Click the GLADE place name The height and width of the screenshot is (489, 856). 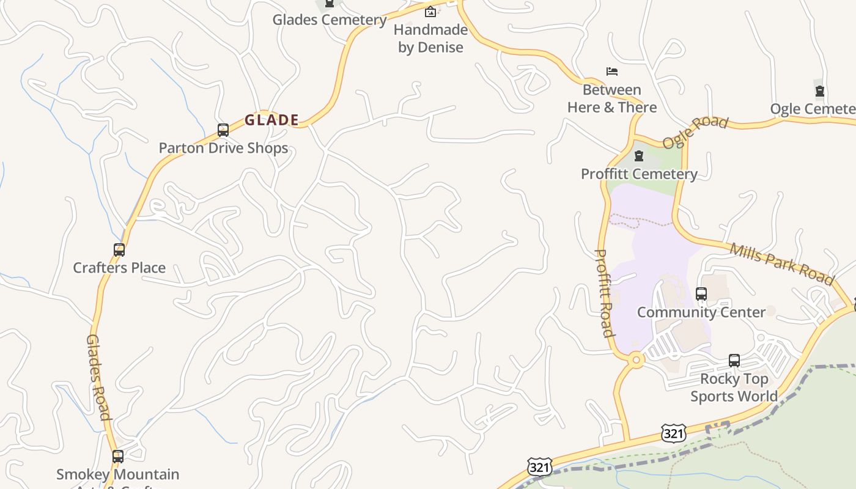(x=272, y=120)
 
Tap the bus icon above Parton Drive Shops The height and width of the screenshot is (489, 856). (x=223, y=130)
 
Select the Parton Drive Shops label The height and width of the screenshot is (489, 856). (x=223, y=148)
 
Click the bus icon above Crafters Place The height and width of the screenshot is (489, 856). (x=119, y=250)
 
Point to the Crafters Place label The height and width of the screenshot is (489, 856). (x=119, y=268)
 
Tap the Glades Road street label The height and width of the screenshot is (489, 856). (x=98, y=377)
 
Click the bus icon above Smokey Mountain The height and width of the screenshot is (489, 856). (x=118, y=457)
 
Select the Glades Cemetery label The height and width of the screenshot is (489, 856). (x=329, y=20)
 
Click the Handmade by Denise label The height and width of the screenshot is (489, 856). (x=430, y=39)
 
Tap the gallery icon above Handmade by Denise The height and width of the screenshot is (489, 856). (x=430, y=12)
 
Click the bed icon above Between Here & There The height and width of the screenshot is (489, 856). (x=612, y=72)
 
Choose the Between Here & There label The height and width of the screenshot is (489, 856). (x=612, y=98)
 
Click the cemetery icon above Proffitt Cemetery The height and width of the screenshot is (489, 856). (x=639, y=156)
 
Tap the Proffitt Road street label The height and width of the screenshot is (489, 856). (x=604, y=293)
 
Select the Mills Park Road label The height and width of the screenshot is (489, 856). (x=782, y=264)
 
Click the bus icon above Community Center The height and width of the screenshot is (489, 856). (x=701, y=294)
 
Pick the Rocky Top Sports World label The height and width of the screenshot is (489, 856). (x=734, y=388)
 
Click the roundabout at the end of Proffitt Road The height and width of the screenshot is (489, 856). (x=636, y=360)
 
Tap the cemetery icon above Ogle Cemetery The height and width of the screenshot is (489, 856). (x=820, y=92)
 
